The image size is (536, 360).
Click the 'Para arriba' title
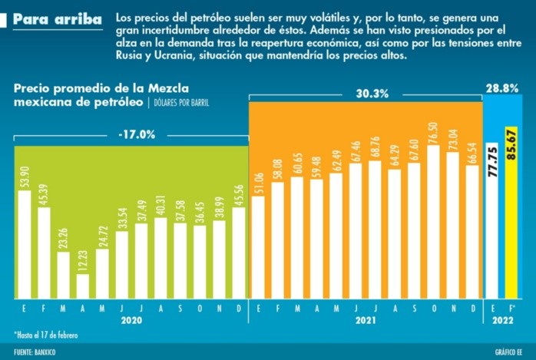tap(57, 18)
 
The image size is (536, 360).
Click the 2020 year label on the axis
tap(131, 322)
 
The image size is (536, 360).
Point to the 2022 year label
tap(502, 322)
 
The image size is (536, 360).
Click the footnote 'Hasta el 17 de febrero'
tap(45, 335)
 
